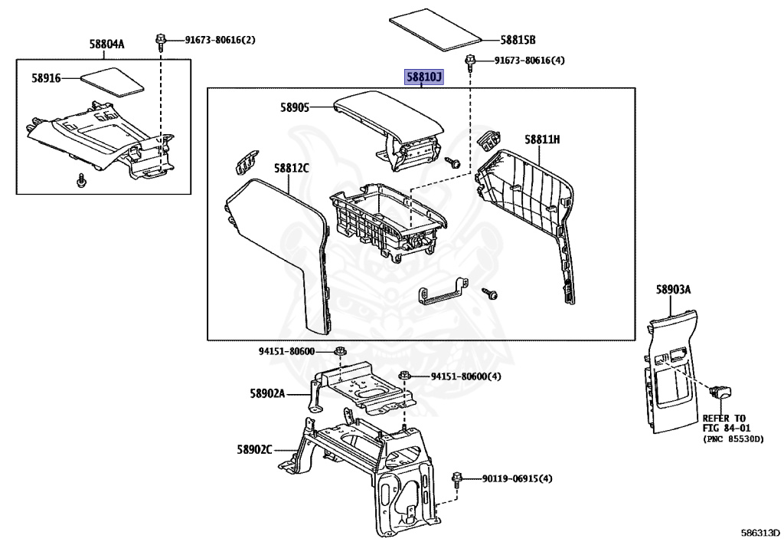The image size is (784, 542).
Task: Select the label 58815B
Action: pyautogui.click(x=518, y=39)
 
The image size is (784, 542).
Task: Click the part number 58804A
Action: pyautogui.click(x=106, y=44)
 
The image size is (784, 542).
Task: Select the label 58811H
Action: pyautogui.click(x=542, y=140)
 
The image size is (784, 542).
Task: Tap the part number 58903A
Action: pyautogui.click(x=673, y=289)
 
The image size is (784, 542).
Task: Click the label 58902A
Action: pyautogui.click(x=266, y=393)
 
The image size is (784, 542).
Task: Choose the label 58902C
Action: pyautogui.click(x=255, y=450)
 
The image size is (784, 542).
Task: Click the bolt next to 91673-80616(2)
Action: pyautogui.click(x=161, y=41)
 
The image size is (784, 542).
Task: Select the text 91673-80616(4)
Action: pyautogui.click(x=529, y=61)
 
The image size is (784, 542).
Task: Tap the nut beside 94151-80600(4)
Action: pyautogui.click(x=406, y=376)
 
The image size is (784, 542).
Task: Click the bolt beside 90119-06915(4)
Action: pyautogui.click(x=457, y=478)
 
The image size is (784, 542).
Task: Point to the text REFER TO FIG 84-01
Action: pyautogui.click(x=724, y=424)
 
